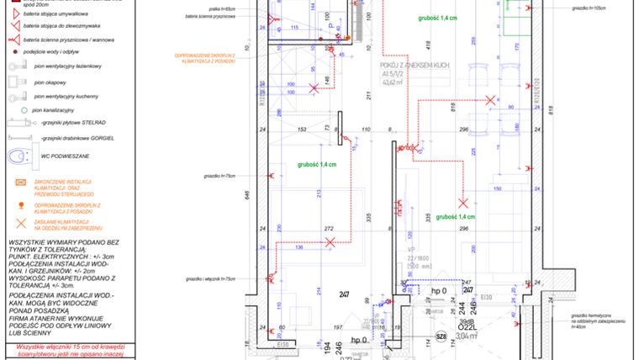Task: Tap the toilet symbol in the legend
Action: (x=18, y=157)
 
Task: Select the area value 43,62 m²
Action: (x=395, y=82)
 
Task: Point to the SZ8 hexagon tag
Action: (x=441, y=337)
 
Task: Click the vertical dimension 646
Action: (x=247, y=194)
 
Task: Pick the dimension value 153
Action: (x=300, y=130)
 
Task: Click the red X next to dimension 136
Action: (x=330, y=242)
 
